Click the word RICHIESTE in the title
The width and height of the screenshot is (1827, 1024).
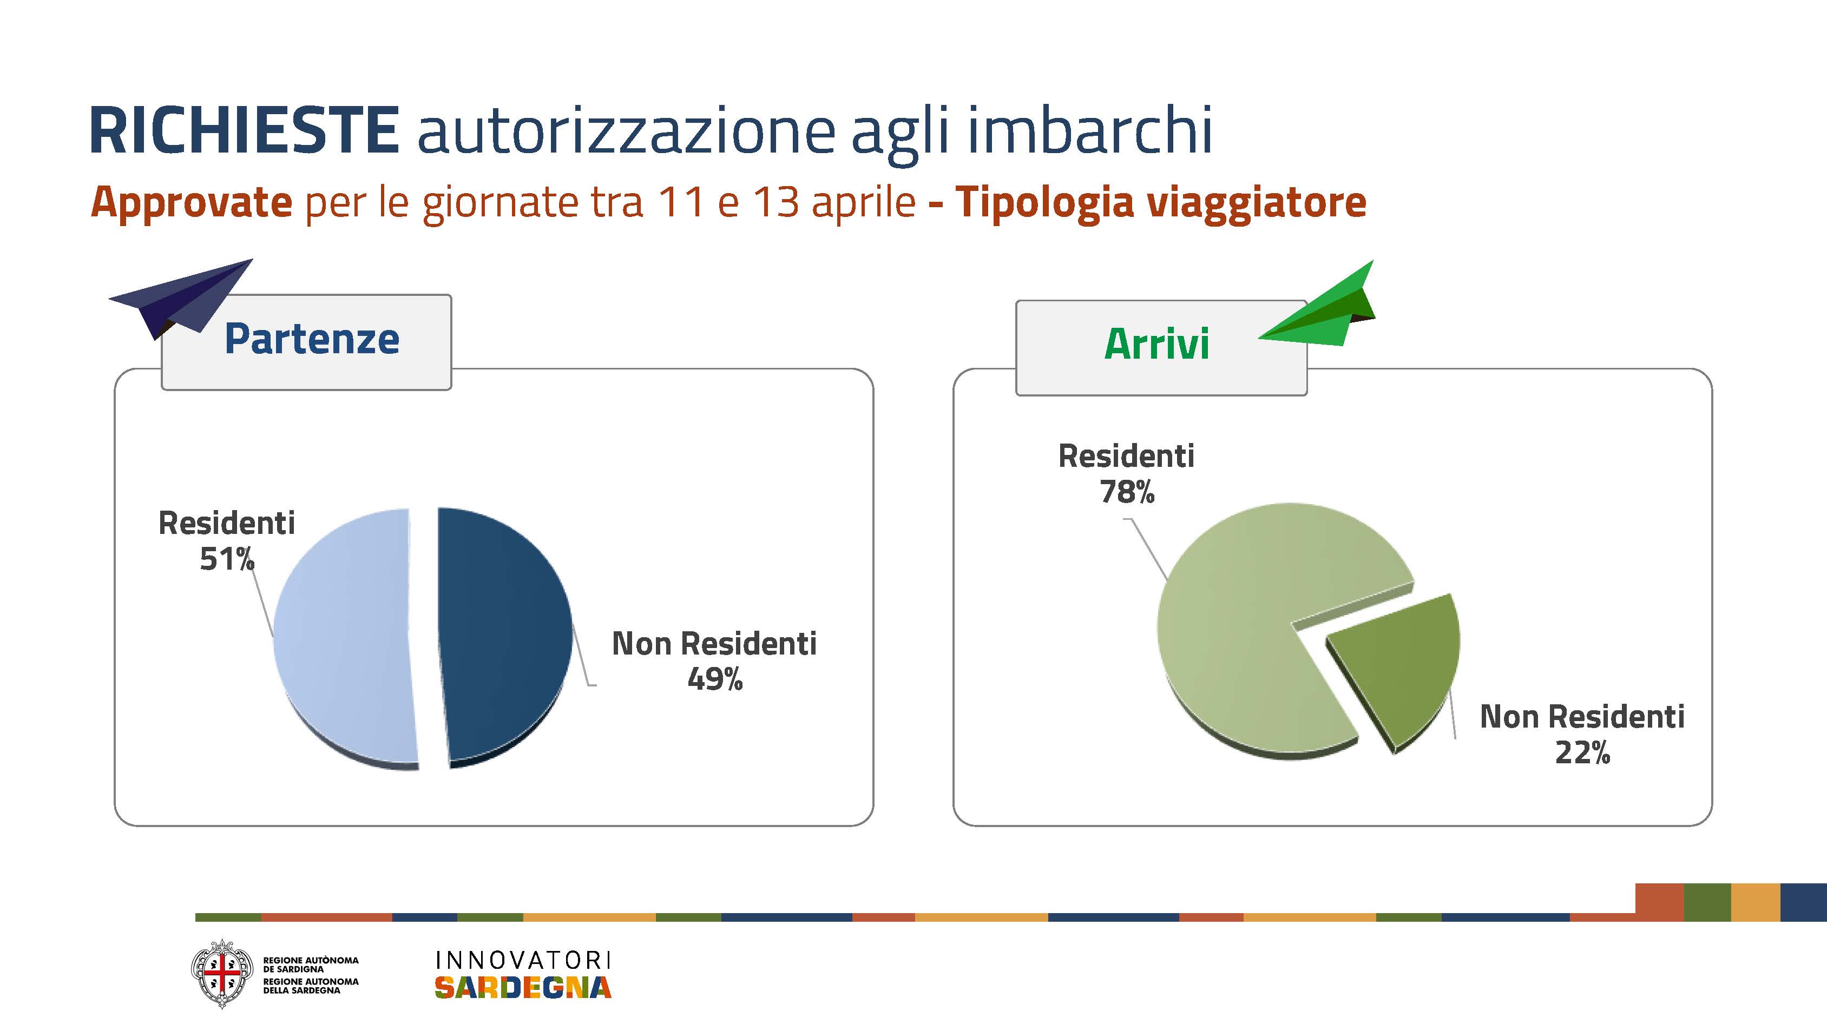(x=244, y=130)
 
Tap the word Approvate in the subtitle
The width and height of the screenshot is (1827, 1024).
(x=192, y=203)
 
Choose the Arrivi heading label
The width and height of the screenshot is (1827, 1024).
(x=1157, y=344)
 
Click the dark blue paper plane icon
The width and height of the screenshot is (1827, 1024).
(x=181, y=297)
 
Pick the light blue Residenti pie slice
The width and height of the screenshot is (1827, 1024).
(x=344, y=638)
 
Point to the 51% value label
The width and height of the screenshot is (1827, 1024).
(x=227, y=559)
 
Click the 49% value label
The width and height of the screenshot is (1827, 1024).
(x=715, y=679)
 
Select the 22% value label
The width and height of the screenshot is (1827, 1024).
(x=1582, y=752)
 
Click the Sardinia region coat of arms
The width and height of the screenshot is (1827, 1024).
(x=222, y=974)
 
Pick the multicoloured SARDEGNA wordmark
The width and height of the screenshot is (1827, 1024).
(x=523, y=987)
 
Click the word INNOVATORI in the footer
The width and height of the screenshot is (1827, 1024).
(x=523, y=960)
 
